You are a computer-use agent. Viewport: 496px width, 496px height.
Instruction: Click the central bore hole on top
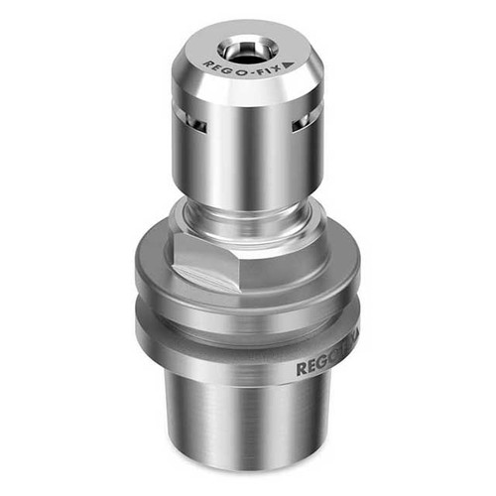click(x=242, y=48)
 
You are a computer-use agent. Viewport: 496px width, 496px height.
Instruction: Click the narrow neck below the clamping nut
click(x=248, y=212)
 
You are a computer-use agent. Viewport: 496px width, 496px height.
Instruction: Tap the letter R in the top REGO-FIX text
click(x=204, y=62)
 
